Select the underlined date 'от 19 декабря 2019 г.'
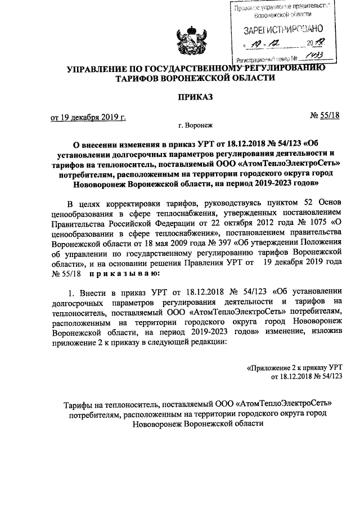88,118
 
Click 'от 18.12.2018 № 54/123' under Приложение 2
307,376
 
